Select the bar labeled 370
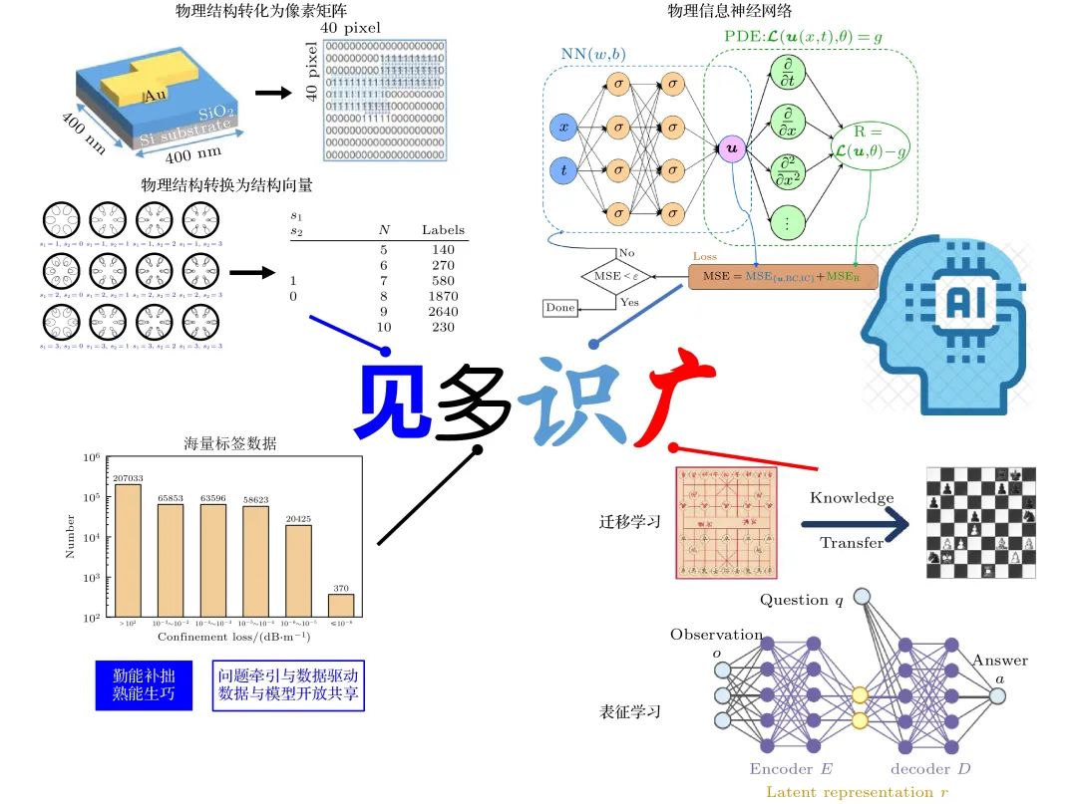pos(341,606)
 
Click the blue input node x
pos(563,128)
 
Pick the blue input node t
pos(563,170)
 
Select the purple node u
pos(732,149)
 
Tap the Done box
pos(560,308)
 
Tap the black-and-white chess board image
pos(980,522)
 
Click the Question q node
pos(862,597)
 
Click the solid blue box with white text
pos(143,684)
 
